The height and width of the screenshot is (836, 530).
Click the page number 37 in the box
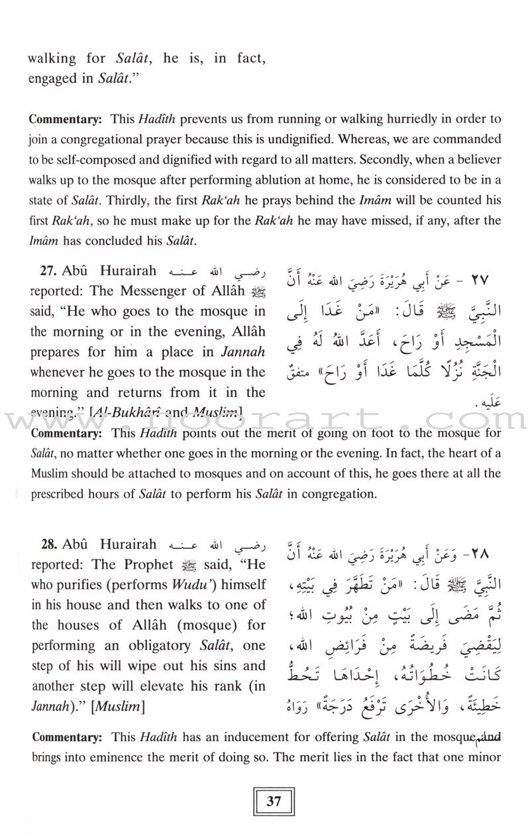point(274,800)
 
